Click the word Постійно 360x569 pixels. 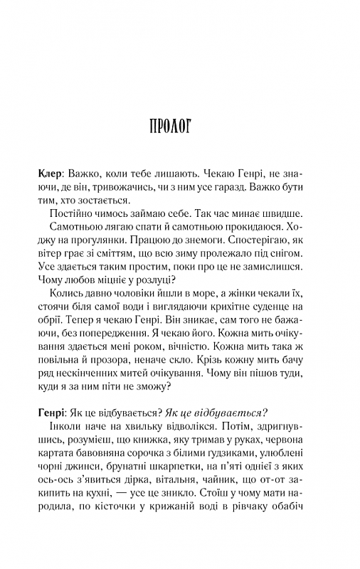click(73, 213)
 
